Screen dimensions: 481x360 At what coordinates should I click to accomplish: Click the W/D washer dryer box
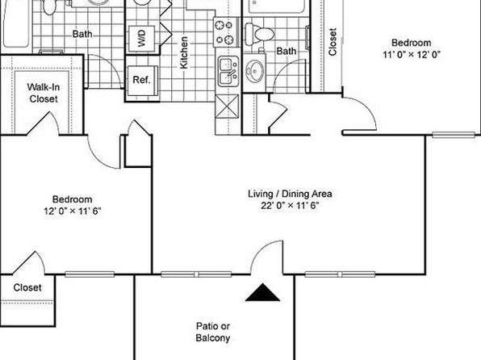[x=141, y=39]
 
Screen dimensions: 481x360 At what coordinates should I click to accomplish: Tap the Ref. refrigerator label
[x=142, y=80]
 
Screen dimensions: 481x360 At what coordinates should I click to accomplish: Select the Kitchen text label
[x=183, y=52]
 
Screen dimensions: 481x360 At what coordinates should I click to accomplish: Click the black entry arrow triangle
[x=262, y=292]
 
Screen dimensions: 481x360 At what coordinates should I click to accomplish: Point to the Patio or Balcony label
[x=213, y=332]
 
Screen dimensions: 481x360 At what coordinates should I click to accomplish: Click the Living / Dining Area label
[x=290, y=194]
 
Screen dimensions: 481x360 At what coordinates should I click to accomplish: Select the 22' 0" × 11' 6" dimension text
[x=290, y=205]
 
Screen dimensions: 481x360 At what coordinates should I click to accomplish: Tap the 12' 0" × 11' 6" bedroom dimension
[x=73, y=211]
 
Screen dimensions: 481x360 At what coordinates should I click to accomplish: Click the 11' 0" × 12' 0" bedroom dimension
[x=412, y=55]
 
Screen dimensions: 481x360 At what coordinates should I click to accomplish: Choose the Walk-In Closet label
[x=44, y=93]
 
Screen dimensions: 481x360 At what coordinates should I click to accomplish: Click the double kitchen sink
[x=228, y=72]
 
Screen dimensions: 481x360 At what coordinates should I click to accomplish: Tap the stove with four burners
[x=227, y=32]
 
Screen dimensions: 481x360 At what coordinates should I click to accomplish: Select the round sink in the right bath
[x=254, y=72]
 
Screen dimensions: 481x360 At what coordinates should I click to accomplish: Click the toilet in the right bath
[x=260, y=33]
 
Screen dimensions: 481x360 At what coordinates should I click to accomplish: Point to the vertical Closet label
[x=333, y=42]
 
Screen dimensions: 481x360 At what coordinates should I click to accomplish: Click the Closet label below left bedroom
[x=27, y=287]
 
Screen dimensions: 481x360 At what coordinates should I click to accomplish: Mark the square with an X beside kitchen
[x=228, y=107]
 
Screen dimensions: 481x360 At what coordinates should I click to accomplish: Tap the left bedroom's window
[x=90, y=274]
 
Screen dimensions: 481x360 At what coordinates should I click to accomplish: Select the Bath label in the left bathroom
[x=82, y=34]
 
